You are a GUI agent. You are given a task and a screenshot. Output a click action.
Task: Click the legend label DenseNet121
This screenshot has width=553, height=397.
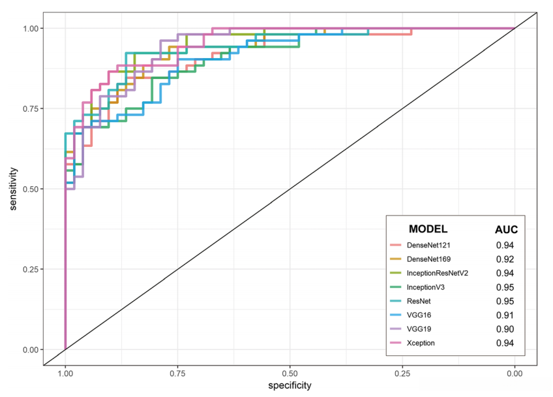tap(429, 246)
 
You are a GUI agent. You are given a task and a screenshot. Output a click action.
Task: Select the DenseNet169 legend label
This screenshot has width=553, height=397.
tap(429, 259)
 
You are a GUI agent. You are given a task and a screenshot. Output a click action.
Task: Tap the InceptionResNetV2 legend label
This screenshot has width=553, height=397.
tap(438, 273)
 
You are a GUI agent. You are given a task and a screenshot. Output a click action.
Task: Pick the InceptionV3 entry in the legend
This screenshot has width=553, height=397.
tap(425, 287)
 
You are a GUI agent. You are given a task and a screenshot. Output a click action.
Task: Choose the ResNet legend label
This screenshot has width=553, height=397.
tap(419, 301)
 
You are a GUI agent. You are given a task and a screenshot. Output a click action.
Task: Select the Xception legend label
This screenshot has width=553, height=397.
tap(421, 343)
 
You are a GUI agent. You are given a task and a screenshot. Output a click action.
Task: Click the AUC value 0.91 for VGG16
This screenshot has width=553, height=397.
tap(504, 315)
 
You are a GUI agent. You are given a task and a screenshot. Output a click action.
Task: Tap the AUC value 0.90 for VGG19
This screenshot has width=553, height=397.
tap(504, 328)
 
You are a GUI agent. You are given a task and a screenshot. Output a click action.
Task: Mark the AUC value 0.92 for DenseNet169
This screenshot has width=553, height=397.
tap(504, 259)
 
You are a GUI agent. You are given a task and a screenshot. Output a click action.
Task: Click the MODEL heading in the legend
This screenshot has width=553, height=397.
tap(428, 229)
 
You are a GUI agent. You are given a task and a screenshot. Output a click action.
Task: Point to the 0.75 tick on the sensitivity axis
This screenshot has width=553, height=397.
tap(29, 108)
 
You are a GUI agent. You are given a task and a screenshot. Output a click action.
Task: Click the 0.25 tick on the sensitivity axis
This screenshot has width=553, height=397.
tap(29, 269)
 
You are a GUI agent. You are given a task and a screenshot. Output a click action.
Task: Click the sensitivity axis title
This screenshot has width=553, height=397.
tap(13, 189)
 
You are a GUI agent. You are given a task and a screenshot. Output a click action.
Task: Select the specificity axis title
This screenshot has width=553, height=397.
tap(290, 386)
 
